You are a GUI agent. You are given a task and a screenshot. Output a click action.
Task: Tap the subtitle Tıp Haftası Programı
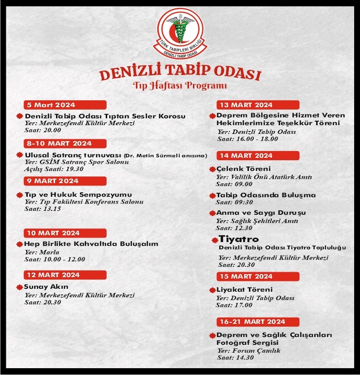tap(180, 87)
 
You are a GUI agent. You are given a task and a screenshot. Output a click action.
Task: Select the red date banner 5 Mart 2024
tap(65, 105)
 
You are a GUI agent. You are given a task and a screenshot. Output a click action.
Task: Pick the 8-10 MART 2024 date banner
tap(65, 143)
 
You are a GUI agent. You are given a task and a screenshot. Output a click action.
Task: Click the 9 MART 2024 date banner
tap(65, 181)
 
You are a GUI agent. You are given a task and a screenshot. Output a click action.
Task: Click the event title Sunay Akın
tap(46, 287)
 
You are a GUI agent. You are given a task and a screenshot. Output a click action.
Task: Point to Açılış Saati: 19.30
tap(54, 169)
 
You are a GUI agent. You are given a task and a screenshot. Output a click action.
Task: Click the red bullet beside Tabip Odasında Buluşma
tap(212, 195)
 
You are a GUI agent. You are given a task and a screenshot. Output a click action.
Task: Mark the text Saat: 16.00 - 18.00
tap(247, 138)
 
